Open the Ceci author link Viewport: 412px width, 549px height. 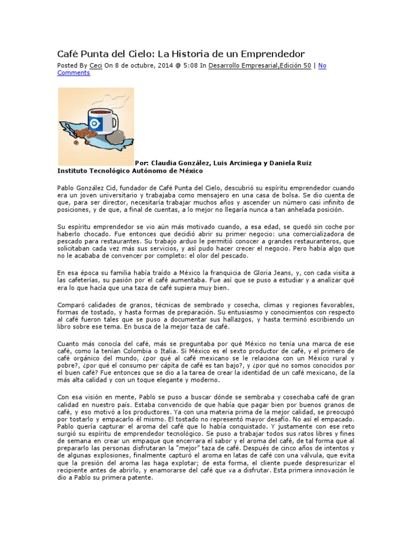click(x=95, y=65)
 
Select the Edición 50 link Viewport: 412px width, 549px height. click(x=295, y=65)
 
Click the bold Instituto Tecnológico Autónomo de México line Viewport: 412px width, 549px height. click(x=130, y=171)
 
